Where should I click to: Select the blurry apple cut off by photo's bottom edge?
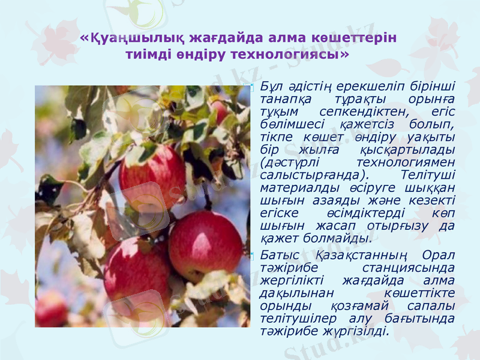[52, 310]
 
